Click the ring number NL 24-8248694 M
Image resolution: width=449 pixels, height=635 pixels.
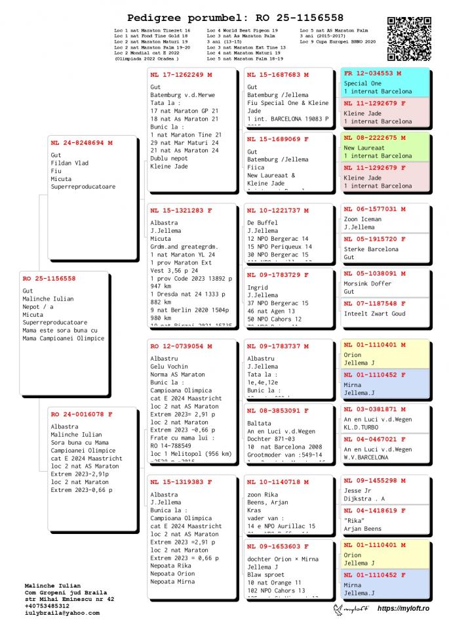tap(81, 142)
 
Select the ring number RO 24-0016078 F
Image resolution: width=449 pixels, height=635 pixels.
tap(81, 414)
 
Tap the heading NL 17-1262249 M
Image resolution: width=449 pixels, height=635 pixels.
tap(181, 75)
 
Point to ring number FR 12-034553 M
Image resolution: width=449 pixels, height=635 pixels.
tap(373, 73)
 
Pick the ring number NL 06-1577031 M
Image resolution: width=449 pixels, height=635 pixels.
tap(375, 209)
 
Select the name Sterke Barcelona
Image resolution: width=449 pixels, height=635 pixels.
tap(371, 249)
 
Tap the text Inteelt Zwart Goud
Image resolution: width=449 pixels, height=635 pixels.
tap(375, 314)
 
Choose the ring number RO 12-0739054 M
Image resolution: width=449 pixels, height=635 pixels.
tap(181, 346)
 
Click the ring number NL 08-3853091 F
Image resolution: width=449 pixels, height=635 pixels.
tap(278, 411)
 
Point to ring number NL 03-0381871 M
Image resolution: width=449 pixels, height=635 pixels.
tap(375, 409)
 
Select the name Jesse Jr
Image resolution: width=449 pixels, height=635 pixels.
tap(358, 491)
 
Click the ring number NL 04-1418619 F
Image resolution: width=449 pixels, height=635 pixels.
tap(375, 510)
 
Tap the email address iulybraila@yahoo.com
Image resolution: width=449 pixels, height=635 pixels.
tap(62, 613)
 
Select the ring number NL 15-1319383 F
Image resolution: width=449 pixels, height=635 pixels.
tap(181, 482)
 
